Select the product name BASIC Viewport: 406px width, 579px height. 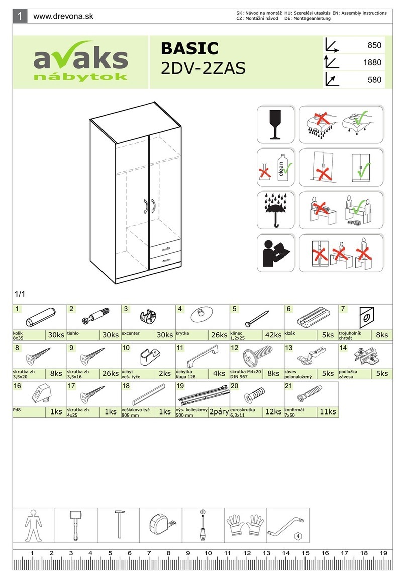pyautogui.click(x=189, y=49)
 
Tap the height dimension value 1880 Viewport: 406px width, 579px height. pyautogui.click(x=372, y=63)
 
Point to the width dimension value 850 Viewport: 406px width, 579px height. pyautogui.click(x=375, y=45)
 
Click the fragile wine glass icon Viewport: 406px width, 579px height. pyautogui.click(x=275, y=124)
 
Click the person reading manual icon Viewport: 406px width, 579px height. pyautogui.click(x=275, y=253)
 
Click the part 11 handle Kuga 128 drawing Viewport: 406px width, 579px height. pyautogui.click(x=202, y=358)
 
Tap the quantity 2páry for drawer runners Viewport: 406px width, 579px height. pyautogui.click(x=219, y=411)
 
